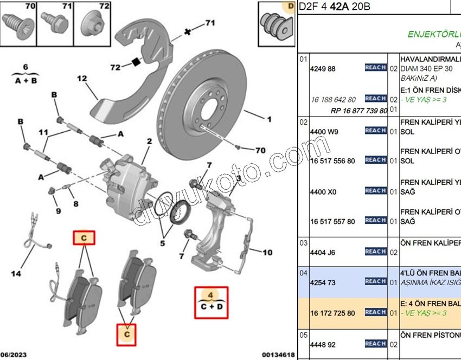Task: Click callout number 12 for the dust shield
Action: click(x=82, y=78)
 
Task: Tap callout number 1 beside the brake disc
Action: click(x=268, y=118)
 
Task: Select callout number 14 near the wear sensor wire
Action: click(x=16, y=274)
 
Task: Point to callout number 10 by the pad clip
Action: click(x=267, y=252)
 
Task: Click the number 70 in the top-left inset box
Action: click(x=30, y=7)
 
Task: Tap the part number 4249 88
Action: click(x=323, y=69)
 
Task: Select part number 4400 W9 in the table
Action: click(x=324, y=132)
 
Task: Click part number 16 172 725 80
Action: click(x=332, y=313)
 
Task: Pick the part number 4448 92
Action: click(x=323, y=344)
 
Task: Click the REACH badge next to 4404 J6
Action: click(x=375, y=252)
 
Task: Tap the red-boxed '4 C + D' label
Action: click(x=212, y=301)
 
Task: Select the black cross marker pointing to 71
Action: click(x=188, y=31)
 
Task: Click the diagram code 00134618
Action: click(x=278, y=355)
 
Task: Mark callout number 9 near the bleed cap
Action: click(x=58, y=210)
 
